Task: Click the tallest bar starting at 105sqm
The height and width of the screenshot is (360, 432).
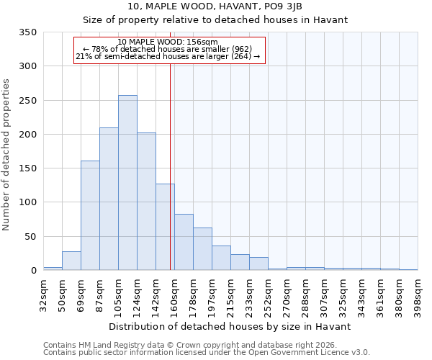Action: click(x=127, y=183)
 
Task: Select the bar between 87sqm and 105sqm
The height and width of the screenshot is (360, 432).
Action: click(x=109, y=199)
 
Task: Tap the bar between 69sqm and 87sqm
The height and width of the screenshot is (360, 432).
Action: click(x=90, y=215)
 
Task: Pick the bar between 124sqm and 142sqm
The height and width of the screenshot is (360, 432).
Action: click(x=146, y=202)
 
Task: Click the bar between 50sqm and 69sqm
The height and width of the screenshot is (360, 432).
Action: click(x=71, y=261)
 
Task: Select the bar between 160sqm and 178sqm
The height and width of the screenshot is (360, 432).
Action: click(x=184, y=242)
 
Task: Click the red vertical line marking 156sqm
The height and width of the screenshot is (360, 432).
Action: click(x=170, y=158)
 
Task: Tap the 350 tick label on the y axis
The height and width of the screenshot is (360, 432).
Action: click(x=27, y=32)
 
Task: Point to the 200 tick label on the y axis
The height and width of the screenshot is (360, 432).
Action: click(x=27, y=135)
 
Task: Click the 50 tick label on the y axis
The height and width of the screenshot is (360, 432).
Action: click(x=30, y=237)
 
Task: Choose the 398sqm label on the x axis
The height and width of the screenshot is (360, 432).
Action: click(x=418, y=294)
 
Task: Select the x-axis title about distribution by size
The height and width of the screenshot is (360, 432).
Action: click(x=230, y=326)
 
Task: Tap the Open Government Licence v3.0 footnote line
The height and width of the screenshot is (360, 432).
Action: click(x=207, y=353)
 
